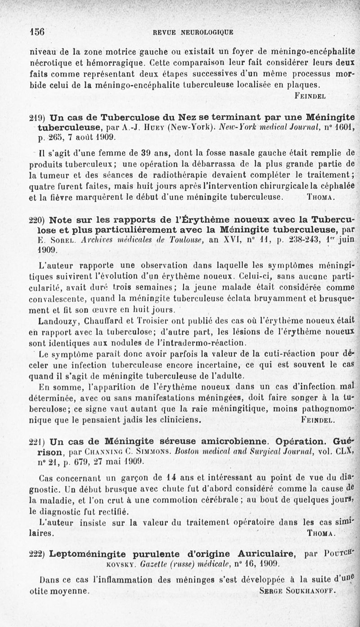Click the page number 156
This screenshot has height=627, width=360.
[36, 32]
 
